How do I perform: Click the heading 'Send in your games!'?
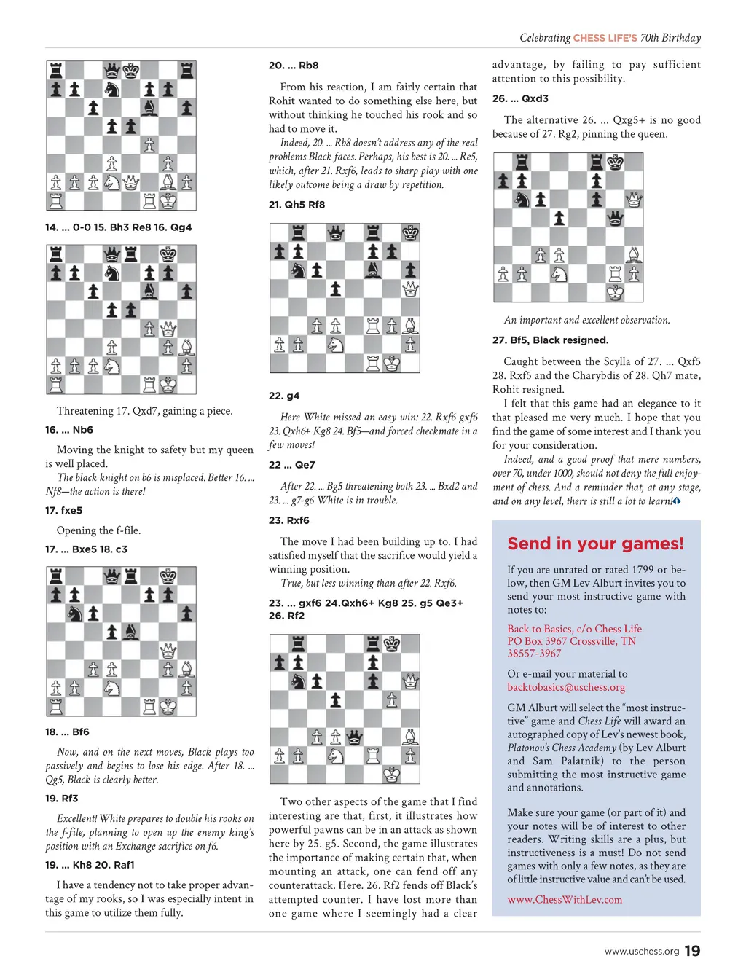point(595,544)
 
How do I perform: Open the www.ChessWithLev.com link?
point(565,900)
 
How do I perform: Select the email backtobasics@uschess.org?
point(566,687)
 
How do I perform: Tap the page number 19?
point(692,950)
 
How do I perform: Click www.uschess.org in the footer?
point(641,951)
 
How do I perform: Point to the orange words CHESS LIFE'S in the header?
point(605,38)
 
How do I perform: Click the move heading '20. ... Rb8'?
point(294,66)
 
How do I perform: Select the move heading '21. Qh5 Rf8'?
point(297,205)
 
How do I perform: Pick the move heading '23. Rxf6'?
point(288,520)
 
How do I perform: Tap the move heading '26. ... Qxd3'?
point(520,98)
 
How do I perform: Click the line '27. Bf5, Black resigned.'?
point(550,340)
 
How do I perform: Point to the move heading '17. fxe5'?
point(63,510)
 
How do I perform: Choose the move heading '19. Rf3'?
point(61,798)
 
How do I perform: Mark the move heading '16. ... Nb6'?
point(69,430)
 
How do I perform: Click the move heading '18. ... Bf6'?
point(67,732)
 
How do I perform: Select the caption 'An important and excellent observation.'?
point(586,320)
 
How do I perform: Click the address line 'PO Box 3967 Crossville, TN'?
point(571,641)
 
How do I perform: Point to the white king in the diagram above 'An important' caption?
point(615,293)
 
